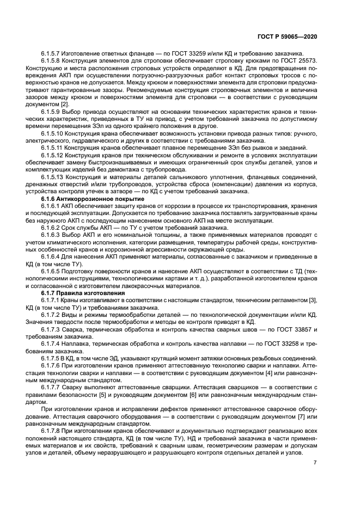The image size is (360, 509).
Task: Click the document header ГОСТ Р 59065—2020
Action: (290, 36)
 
